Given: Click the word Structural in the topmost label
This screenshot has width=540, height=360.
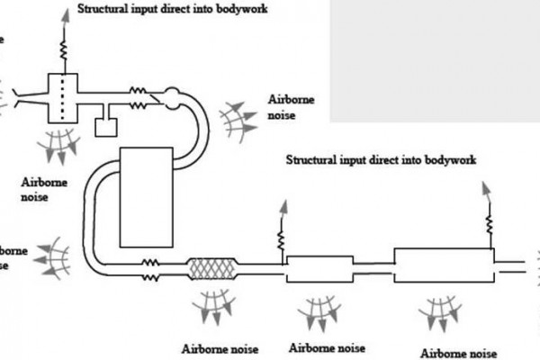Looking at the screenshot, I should (x=106, y=10).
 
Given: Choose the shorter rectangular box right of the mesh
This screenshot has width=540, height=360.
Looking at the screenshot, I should (x=320, y=267).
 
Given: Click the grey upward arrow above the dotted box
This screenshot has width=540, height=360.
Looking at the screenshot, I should (x=62, y=18).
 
